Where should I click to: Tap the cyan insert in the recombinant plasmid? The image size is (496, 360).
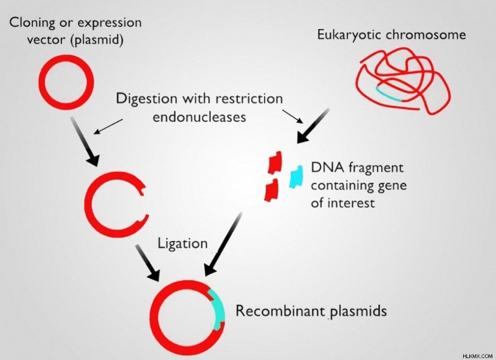(x=219, y=310)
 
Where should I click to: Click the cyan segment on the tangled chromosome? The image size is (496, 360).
(x=389, y=95)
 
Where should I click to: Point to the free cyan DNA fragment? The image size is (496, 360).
(x=296, y=177)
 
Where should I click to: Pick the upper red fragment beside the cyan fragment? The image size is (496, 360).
(x=275, y=162)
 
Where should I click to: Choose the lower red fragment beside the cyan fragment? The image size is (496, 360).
(x=272, y=190)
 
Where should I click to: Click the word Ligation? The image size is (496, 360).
(x=182, y=244)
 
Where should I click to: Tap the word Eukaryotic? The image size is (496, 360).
(x=350, y=35)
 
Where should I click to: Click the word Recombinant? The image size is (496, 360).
(x=281, y=310)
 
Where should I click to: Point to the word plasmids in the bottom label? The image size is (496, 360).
(x=358, y=311)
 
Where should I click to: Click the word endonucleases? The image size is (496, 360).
(x=199, y=116)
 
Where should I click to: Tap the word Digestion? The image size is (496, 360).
(x=146, y=99)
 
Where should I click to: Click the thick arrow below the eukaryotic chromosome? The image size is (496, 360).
(x=313, y=126)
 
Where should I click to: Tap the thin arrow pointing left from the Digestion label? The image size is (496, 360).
(x=108, y=126)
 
